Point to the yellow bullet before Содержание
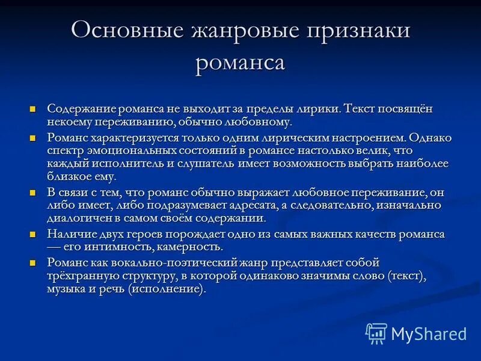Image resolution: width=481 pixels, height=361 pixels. (34, 109)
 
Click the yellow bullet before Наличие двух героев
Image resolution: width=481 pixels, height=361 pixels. (34, 233)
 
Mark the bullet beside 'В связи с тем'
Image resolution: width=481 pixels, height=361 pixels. (34, 192)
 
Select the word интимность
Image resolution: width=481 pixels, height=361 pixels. (132, 247)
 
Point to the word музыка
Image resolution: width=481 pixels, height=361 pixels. (66, 289)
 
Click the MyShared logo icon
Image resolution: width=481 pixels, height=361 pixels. (376, 333)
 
